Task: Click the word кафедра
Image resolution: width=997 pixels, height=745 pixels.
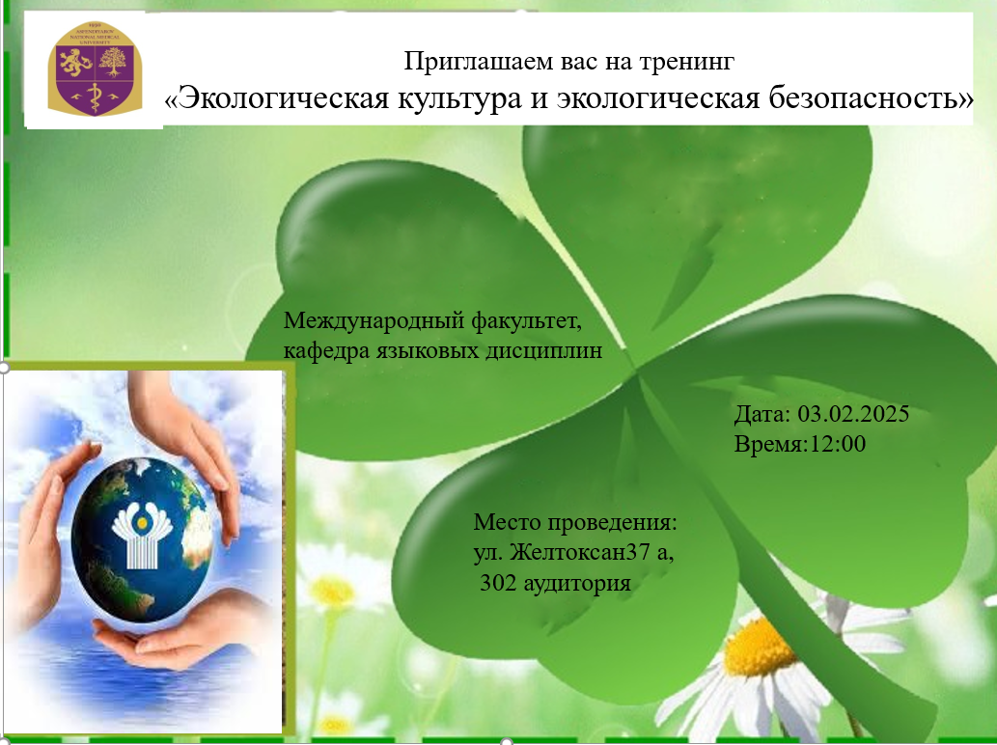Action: [x=322, y=351]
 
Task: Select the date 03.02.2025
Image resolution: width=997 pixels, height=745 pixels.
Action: [x=854, y=415]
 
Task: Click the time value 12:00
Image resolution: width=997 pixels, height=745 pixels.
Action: [x=839, y=445]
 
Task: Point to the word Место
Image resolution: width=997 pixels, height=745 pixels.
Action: [x=506, y=523]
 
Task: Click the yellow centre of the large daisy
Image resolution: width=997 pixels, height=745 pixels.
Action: [x=761, y=647]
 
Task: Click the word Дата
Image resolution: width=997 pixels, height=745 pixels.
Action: [x=761, y=415]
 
